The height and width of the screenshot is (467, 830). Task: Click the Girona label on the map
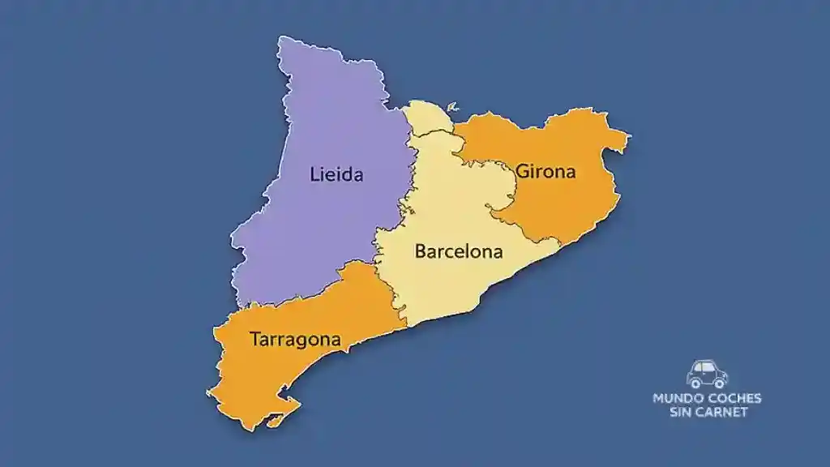click(x=545, y=172)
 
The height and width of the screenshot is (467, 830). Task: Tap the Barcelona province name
click(x=459, y=251)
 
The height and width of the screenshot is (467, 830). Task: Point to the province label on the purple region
click(x=336, y=174)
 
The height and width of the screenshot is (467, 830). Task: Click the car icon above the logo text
click(x=707, y=374)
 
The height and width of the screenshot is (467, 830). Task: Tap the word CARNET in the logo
click(x=721, y=412)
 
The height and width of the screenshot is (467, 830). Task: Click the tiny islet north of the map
click(x=452, y=106)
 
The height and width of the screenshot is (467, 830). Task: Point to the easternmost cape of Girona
click(x=626, y=139)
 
